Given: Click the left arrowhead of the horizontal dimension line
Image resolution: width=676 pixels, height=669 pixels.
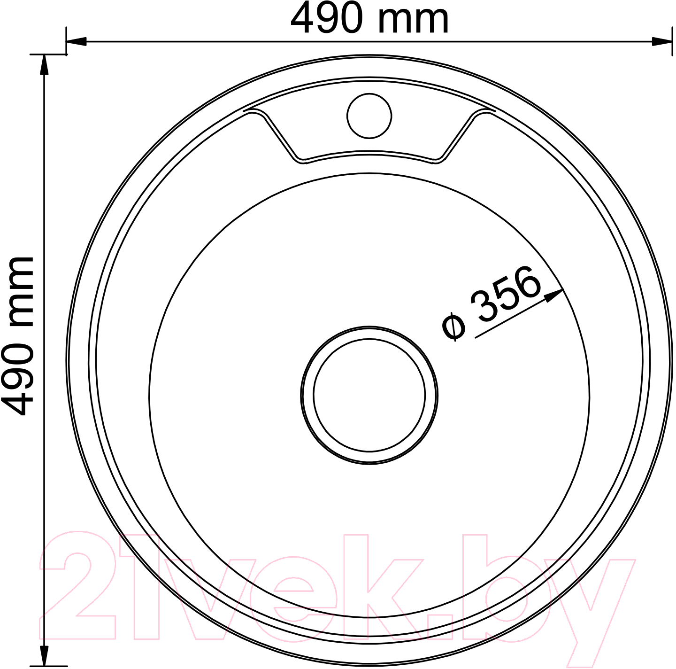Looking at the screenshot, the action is coord(76,42).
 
